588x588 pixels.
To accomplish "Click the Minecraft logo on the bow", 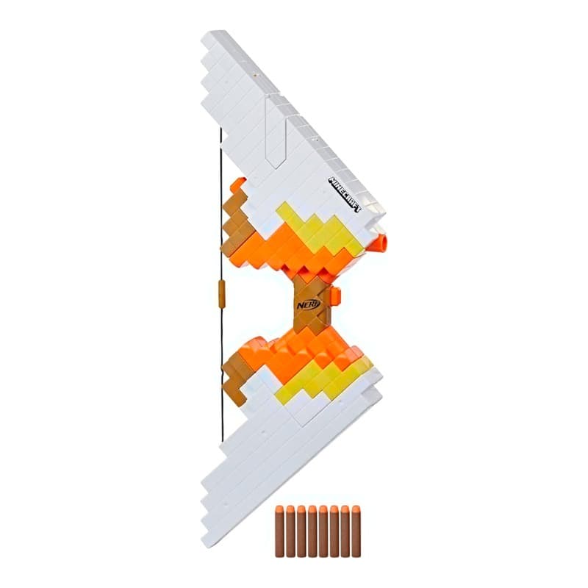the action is tap(345, 194).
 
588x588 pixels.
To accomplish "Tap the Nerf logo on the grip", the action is tap(308, 304).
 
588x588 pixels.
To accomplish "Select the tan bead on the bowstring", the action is tap(221, 293).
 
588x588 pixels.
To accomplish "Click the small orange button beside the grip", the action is tap(337, 295).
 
